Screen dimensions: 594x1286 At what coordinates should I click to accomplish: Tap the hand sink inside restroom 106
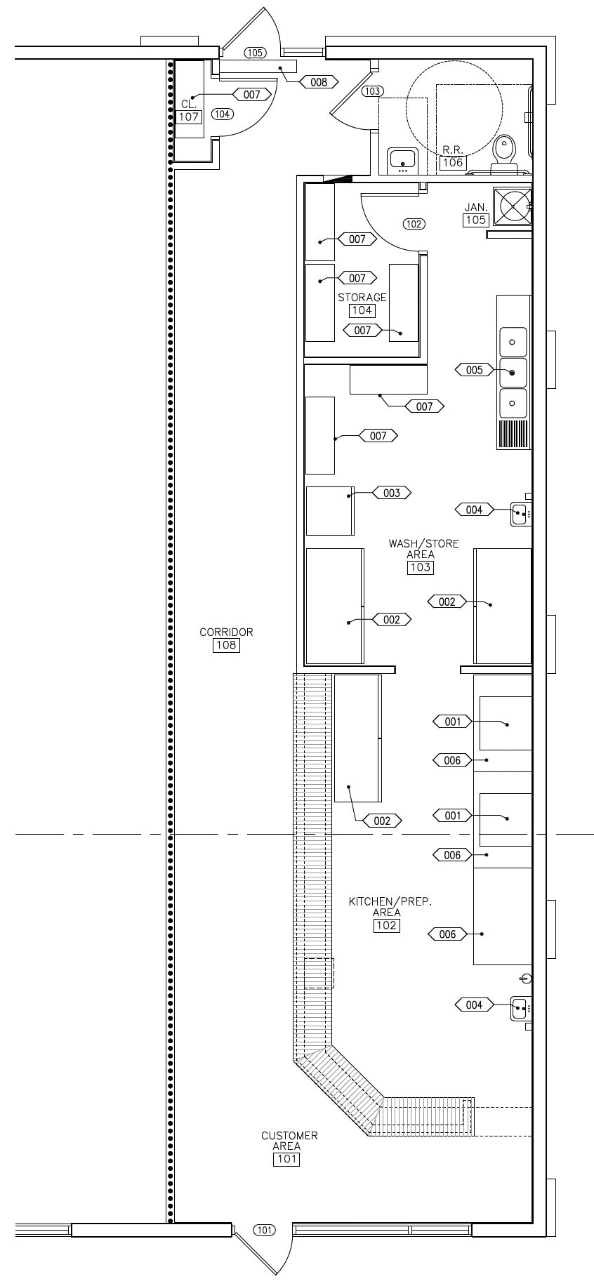pyautogui.click(x=403, y=161)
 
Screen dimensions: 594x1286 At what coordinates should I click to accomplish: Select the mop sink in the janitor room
pyautogui.click(x=513, y=207)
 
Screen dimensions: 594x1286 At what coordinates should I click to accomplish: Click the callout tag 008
pyautogui.click(x=319, y=82)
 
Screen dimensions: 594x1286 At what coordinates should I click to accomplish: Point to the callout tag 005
pyautogui.click(x=475, y=370)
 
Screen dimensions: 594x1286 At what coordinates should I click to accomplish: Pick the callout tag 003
pyautogui.click(x=392, y=493)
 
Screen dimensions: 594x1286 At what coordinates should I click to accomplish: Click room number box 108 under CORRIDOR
pyautogui.click(x=226, y=645)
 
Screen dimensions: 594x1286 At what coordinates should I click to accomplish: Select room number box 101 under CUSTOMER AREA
pyautogui.click(x=286, y=1159)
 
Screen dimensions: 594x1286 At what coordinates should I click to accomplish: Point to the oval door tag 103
pyautogui.click(x=373, y=91)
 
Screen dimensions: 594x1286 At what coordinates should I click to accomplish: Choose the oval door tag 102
pyautogui.click(x=414, y=224)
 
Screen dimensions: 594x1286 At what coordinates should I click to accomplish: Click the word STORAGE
pyautogui.click(x=362, y=298)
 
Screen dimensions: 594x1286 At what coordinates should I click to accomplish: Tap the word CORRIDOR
pyautogui.click(x=226, y=632)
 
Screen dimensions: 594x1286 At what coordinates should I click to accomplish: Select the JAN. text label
pyautogui.click(x=476, y=207)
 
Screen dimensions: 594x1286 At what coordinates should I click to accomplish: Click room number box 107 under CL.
pyautogui.click(x=189, y=117)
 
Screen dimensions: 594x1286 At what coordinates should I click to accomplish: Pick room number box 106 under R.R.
pyautogui.click(x=453, y=163)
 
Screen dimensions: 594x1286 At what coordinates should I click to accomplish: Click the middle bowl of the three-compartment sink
pyautogui.click(x=513, y=373)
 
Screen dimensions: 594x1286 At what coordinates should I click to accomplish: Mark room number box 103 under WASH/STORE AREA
pyautogui.click(x=420, y=567)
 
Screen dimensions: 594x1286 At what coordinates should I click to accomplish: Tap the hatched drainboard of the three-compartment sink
pyautogui.click(x=513, y=432)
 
